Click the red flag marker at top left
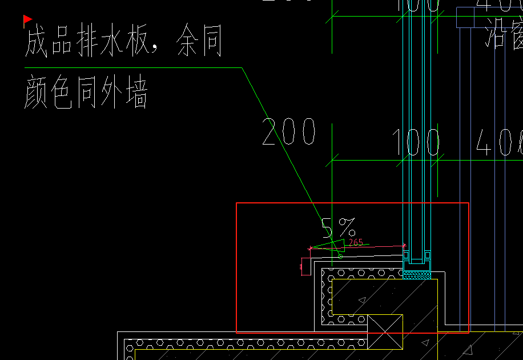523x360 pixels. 27,21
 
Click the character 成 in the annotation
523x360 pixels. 36,43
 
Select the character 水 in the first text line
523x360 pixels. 114,43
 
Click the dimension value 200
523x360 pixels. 288,133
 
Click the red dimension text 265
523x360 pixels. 356,242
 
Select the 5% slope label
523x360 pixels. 338,228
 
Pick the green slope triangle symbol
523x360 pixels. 334,246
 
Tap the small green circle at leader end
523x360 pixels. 340,256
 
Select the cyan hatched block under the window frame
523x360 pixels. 417,275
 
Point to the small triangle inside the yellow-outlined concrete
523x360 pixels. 361,299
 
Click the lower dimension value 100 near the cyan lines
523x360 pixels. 416,143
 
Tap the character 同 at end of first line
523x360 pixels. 211,43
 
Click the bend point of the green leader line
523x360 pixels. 242,68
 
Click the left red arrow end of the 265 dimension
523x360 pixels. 310,249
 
